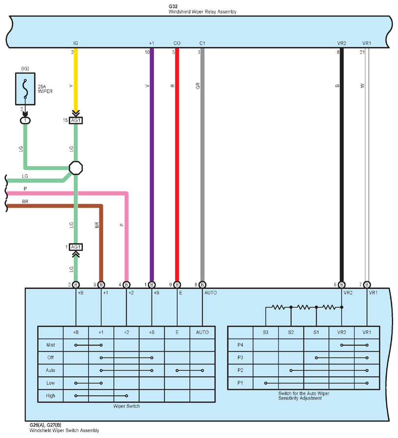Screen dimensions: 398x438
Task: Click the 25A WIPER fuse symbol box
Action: (25, 89)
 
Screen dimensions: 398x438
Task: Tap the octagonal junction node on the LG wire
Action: (76, 168)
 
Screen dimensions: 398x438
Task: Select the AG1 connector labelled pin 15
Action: (76, 120)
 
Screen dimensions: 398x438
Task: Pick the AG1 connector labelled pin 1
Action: (76, 247)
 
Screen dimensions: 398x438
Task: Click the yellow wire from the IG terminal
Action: (76, 79)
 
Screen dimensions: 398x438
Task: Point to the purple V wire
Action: (152, 165)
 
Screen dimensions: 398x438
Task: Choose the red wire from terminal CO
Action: (177, 165)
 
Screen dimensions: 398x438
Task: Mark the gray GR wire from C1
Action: (203, 165)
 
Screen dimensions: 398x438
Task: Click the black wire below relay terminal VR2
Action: (341, 165)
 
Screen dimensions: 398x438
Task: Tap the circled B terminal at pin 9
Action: (177, 285)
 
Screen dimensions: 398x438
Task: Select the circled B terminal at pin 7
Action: (367, 285)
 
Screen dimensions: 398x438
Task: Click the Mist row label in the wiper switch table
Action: (51, 345)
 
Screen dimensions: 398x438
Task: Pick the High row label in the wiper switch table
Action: (51, 396)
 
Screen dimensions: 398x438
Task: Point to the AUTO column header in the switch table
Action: (202, 332)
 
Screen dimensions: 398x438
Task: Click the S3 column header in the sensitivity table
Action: (265, 332)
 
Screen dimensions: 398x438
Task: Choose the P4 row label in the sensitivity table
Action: (240, 345)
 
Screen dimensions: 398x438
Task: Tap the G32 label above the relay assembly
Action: (173, 6)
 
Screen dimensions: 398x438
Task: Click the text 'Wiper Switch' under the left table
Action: (127, 406)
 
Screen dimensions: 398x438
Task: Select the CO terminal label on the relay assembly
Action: (177, 43)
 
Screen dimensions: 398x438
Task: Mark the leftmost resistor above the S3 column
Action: (279, 307)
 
